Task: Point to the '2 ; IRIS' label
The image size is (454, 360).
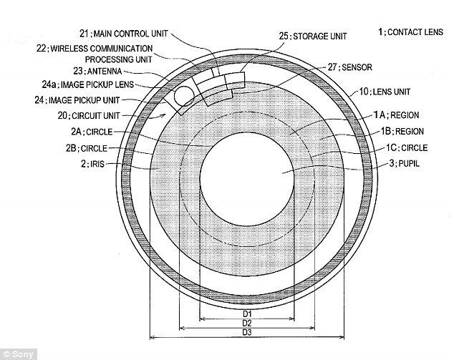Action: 91,163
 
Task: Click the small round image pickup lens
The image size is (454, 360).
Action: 184,93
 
